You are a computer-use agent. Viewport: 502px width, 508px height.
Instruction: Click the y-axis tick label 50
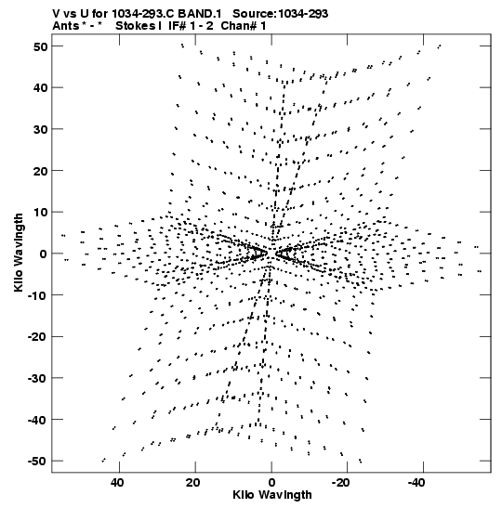point(40,46)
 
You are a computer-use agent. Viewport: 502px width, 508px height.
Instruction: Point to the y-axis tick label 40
point(40,88)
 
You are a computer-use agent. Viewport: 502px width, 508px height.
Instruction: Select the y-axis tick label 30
point(40,129)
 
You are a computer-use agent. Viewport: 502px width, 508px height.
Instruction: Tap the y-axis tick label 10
point(40,212)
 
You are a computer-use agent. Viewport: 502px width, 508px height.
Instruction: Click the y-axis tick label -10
point(37,295)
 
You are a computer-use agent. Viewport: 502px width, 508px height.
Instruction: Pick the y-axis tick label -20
point(37,337)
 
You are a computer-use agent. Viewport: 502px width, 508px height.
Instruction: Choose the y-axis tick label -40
point(37,420)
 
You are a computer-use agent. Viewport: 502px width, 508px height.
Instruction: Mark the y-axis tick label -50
point(37,462)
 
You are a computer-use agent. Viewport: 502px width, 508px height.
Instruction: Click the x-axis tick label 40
point(117,483)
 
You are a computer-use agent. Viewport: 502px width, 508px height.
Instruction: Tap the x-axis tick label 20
point(193,483)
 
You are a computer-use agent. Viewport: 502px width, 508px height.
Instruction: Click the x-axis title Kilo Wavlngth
point(272,495)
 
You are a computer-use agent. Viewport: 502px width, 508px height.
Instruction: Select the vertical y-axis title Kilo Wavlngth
point(19,253)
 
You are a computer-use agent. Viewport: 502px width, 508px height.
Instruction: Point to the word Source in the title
point(255,14)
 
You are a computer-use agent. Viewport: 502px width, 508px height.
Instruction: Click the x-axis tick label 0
point(271,483)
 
